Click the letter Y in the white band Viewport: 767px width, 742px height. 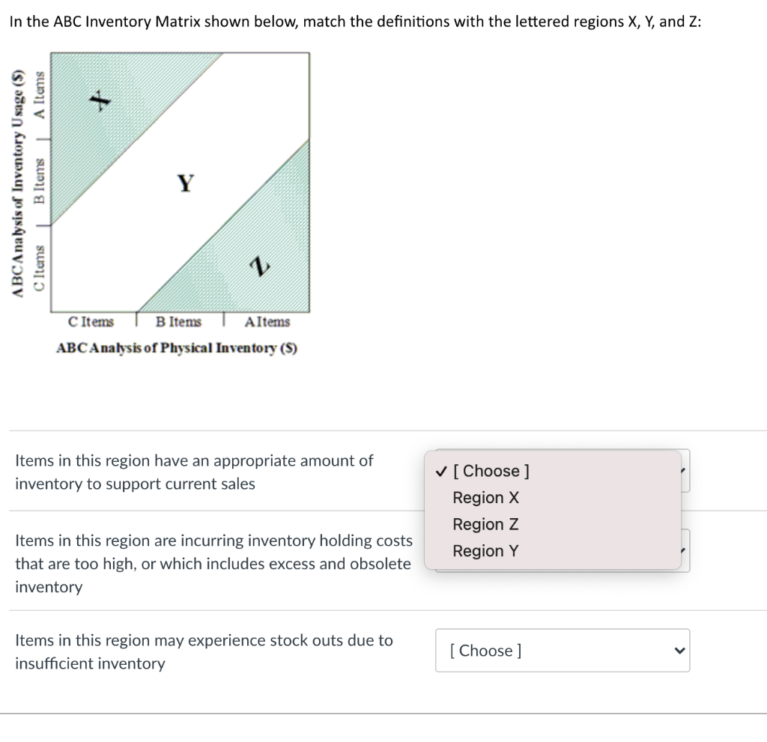pyautogui.click(x=185, y=182)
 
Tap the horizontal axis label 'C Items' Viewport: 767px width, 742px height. pyautogui.click(x=91, y=322)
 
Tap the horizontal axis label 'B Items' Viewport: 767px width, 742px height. pyautogui.click(x=178, y=322)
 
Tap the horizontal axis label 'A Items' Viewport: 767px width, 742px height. pyautogui.click(x=267, y=322)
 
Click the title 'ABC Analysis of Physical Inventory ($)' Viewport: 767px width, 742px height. pyautogui.click(x=177, y=348)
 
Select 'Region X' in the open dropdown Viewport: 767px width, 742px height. pyautogui.click(x=485, y=498)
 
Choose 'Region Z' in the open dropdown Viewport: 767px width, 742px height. pyautogui.click(x=485, y=524)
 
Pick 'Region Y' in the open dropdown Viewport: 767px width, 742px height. pyautogui.click(x=485, y=551)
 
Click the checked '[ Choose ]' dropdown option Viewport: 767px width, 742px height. pyautogui.click(x=491, y=471)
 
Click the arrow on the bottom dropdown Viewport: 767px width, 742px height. pyautogui.click(x=679, y=651)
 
